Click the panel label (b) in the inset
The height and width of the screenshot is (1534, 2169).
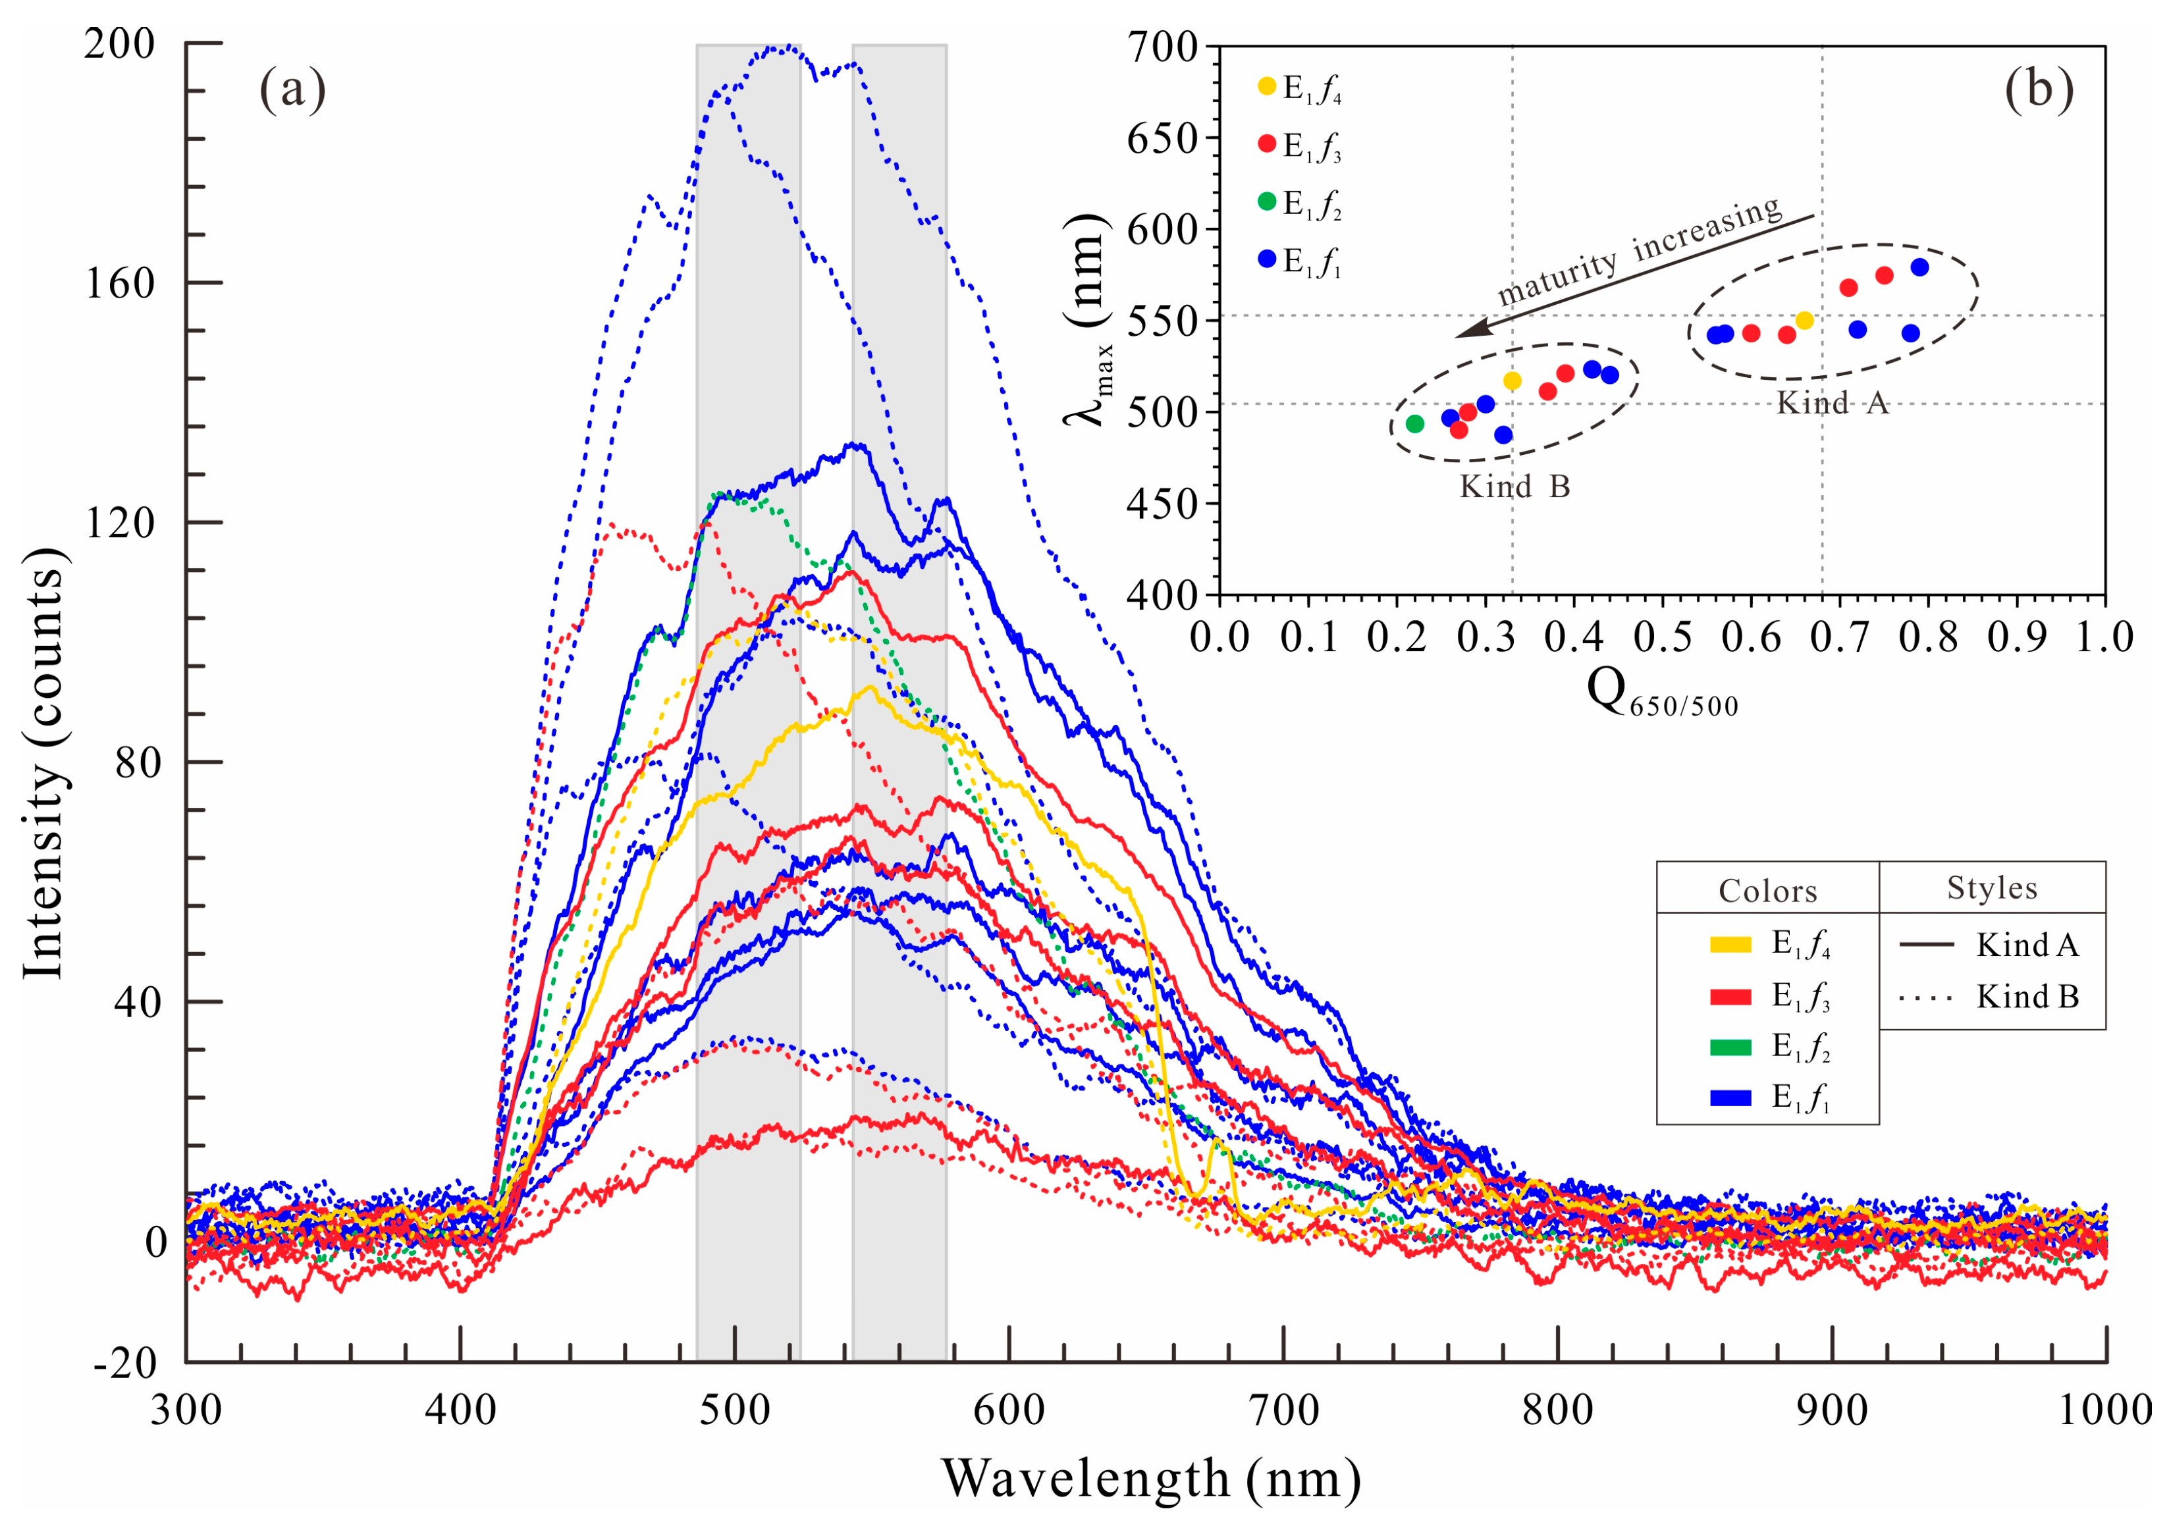point(2039,90)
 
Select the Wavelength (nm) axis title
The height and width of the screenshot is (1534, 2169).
point(1150,1479)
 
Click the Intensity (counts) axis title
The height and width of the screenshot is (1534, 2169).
point(43,762)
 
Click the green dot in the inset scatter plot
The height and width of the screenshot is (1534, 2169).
point(1414,423)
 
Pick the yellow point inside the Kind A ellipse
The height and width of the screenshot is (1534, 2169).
point(1804,320)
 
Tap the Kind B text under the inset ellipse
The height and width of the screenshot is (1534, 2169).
point(1514,487)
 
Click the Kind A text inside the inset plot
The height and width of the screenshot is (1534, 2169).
point(1832,404)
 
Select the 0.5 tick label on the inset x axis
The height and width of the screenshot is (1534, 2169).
point(1663,637)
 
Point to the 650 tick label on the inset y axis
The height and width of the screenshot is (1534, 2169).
point(1162,139)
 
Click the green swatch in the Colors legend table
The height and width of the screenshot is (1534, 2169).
point(1730,1047)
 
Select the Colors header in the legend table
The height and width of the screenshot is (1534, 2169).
point(1767,891)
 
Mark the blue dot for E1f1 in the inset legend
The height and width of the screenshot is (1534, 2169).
point(1268,259)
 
